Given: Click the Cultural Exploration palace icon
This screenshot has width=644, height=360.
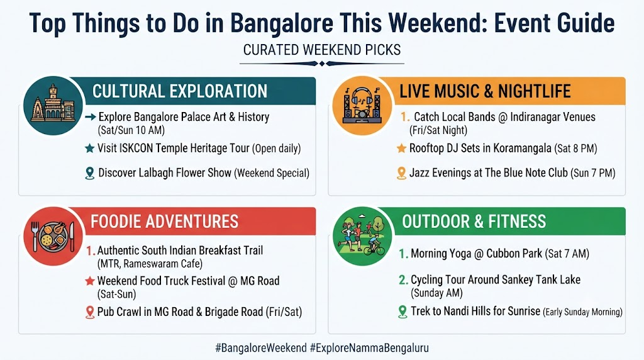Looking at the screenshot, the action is click(53, 106).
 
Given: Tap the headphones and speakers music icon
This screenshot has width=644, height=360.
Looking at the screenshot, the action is click(362, 106).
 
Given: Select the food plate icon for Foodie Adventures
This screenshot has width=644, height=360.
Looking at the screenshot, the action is click(53, 236).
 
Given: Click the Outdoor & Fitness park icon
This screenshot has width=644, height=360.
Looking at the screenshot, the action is click(362, 236).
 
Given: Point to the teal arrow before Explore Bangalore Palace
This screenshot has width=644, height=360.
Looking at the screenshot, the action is click(91, 117).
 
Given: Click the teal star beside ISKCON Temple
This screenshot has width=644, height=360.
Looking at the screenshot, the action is click(89, 149).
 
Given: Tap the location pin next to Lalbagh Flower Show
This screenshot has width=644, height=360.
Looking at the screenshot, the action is click(89, 173).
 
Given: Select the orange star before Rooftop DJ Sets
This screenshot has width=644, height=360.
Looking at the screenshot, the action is click(401, 149).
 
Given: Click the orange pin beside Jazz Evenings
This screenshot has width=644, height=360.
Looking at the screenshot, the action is click(401, 173).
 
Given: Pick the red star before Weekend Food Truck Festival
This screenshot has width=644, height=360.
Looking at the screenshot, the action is click(89, 281).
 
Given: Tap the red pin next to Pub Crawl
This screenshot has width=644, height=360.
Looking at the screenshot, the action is click(89, 312).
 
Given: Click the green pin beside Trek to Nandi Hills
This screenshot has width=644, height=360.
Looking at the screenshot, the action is click(402, 312).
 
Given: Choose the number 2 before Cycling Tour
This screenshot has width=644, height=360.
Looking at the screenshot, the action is click(403, 280).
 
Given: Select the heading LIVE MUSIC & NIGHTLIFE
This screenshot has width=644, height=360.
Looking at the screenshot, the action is click(485, 91).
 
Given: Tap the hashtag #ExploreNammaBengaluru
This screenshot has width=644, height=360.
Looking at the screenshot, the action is click(369, 348).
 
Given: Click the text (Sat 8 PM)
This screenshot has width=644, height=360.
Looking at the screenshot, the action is click(575, 149).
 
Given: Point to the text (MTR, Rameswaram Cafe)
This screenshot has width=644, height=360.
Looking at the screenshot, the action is click(150, 264).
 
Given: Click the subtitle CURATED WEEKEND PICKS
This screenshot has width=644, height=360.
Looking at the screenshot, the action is click(322, 50).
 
